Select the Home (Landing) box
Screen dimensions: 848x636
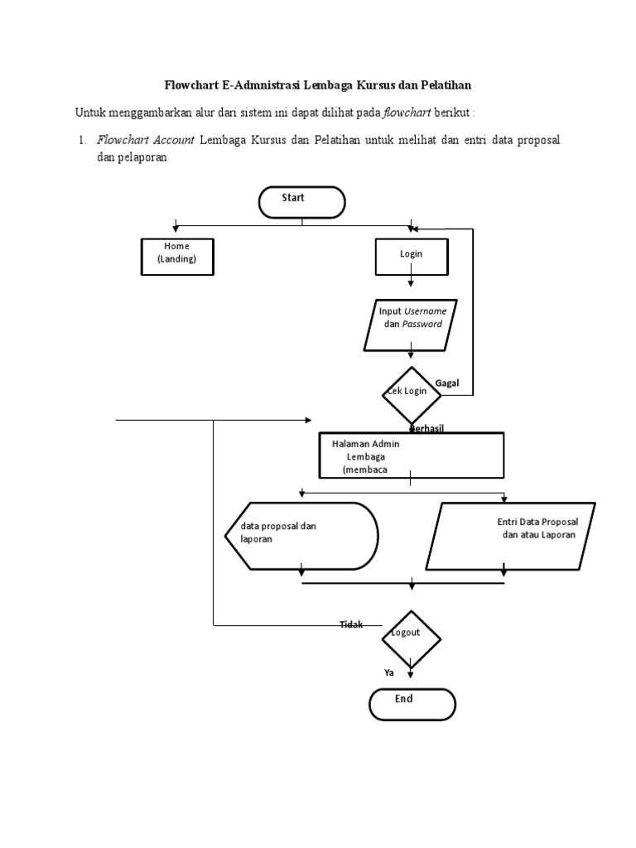176,257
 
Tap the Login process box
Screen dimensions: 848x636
412,257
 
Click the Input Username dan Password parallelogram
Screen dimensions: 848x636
410,324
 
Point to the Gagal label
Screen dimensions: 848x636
447,383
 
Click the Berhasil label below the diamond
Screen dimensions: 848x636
426,427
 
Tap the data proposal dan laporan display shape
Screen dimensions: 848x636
301,536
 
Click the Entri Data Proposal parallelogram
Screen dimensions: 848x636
509,536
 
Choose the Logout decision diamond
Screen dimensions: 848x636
411,638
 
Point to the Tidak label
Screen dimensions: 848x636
351,624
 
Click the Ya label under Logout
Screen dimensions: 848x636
388,673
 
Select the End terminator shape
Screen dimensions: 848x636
412,704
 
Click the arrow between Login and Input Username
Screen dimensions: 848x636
412,282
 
